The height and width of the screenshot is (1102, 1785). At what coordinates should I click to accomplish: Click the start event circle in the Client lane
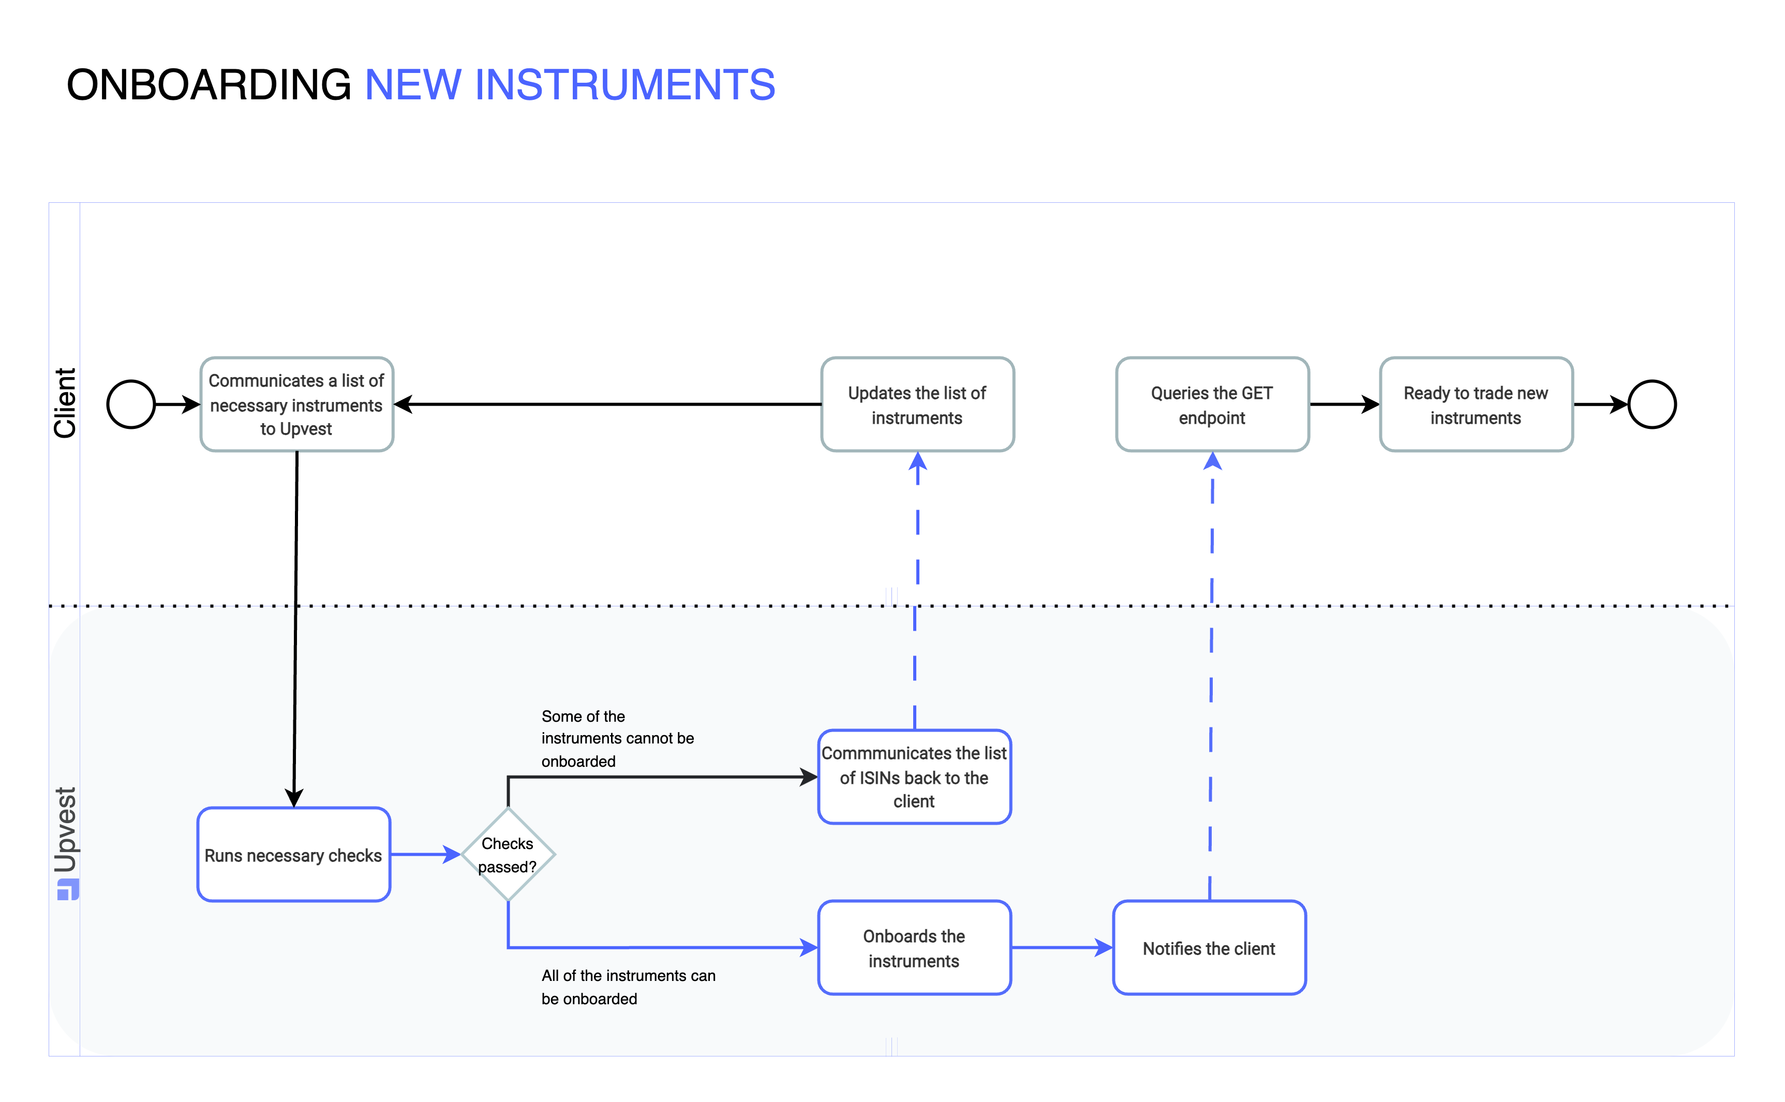(131, 405)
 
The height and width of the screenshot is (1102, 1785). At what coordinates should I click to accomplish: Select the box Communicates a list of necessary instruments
(296, 405)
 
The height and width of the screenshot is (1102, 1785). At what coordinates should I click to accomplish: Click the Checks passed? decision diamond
(508, 854)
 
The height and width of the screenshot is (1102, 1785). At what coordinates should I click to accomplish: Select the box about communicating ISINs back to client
(914, 777)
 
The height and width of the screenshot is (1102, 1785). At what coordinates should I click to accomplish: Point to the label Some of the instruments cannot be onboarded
(617, 738)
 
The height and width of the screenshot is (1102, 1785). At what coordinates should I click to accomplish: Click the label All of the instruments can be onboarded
(628, 987)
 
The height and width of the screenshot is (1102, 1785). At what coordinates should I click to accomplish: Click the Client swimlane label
(65, 403)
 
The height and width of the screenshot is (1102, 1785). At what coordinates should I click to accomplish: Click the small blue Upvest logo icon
(67, 890)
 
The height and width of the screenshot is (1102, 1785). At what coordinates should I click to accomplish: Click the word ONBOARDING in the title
(209, 84)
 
